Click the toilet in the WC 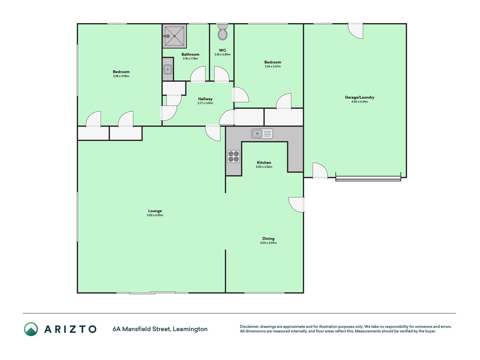223,32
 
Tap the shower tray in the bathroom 175,36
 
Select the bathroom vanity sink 168,69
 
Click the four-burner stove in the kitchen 234,157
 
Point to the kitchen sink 262,134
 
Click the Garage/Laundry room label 360,97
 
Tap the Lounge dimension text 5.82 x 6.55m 155,215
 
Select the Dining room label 268,238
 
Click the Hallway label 205,99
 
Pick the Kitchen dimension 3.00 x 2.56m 264,167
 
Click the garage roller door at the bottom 368,178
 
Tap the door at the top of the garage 356,30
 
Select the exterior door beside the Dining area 297,205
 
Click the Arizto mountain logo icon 31,329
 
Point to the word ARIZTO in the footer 70,329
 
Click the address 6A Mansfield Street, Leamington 160,329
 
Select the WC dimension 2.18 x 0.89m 222,55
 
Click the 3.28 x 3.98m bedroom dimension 121,76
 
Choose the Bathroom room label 190,55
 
